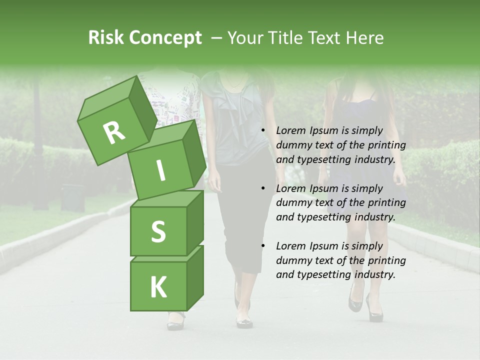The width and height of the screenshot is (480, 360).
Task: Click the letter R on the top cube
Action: [x=114, y=132]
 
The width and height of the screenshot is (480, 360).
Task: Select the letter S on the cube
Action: [x=158, y=231]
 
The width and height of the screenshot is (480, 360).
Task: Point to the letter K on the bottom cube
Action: [x=158, y=287]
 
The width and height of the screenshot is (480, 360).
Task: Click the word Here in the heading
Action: [x=364, y=38]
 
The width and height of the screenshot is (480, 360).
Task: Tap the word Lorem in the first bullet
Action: [x=290, y=130]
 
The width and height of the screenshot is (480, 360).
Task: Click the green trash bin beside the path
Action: [x=72, y=197]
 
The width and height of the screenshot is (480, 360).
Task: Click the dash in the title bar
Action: [x=217, y=38]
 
